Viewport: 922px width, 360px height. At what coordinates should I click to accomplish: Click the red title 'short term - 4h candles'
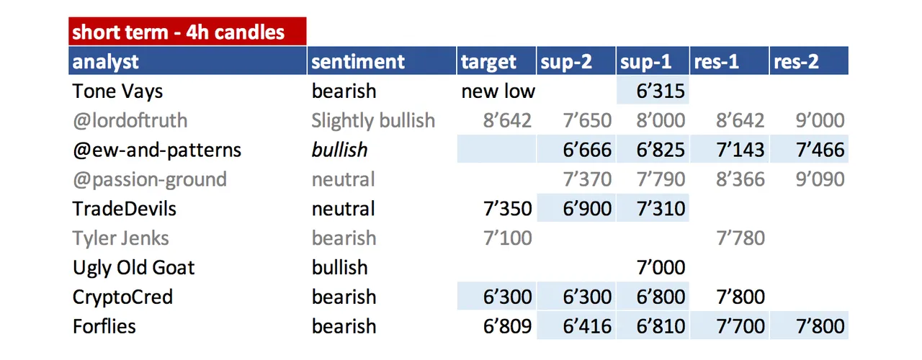tap(178, 32)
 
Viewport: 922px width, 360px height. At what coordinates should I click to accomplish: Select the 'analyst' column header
tap(105, 62)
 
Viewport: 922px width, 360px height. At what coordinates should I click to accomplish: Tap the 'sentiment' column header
tap(358, 62)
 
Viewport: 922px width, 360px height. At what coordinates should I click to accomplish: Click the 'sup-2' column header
tap(566, 62)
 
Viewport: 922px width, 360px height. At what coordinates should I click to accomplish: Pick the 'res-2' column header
tap(796, 62)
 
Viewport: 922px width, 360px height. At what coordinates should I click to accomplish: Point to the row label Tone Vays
tap(117, 91)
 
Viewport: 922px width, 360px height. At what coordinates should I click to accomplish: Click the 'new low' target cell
tap(498, 91)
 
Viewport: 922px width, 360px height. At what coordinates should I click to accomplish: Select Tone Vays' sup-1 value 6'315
tap(661, 91)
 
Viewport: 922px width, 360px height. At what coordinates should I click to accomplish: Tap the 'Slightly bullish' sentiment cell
tap(373, 120)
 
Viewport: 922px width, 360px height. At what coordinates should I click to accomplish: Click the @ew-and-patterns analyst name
tap(157, 150)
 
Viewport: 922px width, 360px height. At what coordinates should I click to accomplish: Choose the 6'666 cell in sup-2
tap(587, 150)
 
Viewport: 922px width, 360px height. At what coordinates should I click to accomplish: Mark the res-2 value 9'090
tap(820, 179)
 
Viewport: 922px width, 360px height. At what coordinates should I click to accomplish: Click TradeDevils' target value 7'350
tap(508, 209)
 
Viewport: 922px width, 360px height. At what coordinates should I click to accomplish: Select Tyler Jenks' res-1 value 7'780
tap(740, 238)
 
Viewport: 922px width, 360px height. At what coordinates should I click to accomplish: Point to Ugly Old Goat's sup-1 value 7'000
tap(661, 267)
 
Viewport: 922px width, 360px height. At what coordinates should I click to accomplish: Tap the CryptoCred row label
tap(122, 297)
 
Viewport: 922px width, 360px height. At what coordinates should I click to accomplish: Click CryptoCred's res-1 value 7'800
tap(740, 297)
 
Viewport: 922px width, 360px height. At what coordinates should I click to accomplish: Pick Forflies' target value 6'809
tap(508, 326)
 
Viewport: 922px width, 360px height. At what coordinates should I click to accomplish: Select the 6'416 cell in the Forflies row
tap(587, 326)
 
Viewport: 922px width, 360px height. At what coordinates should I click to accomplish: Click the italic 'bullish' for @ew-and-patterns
tap(339, 150)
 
